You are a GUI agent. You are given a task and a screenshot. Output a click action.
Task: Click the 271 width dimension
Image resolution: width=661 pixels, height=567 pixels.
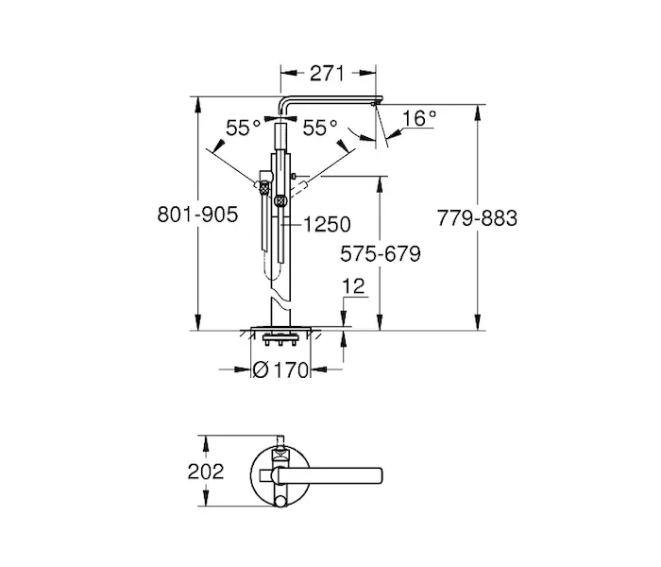pyautogui.click(x=327, y=74)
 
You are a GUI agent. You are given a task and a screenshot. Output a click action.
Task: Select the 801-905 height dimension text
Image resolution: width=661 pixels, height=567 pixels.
pyautogui.click(x=197, y=215)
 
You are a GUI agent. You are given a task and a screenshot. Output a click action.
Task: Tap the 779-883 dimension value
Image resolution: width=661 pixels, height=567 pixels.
pyautogui.click(x=477, y=218)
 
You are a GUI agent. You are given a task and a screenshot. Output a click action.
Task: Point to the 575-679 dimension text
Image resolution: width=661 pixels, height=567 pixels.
pyautogui.click(x=381, y=253)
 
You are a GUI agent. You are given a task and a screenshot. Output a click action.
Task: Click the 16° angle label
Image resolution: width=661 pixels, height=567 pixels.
pyautogui.click(x=419, y=118)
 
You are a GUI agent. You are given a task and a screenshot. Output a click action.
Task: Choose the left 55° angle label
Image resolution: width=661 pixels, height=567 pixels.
pyautogui.click(x=244, y=128)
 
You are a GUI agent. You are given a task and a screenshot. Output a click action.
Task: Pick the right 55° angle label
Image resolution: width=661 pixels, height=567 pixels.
pyautogui.click(x=320, y=128)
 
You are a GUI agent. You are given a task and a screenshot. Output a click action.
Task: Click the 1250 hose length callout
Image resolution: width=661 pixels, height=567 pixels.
pyautogui.click(x=327, y=224)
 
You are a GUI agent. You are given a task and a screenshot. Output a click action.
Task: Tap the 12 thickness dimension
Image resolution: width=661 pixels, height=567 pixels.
pyautogui.click(x=353, y=286)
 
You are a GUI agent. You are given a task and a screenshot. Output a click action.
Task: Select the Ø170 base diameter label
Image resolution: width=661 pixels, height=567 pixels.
pyautogui.click(x=280, y=370)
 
